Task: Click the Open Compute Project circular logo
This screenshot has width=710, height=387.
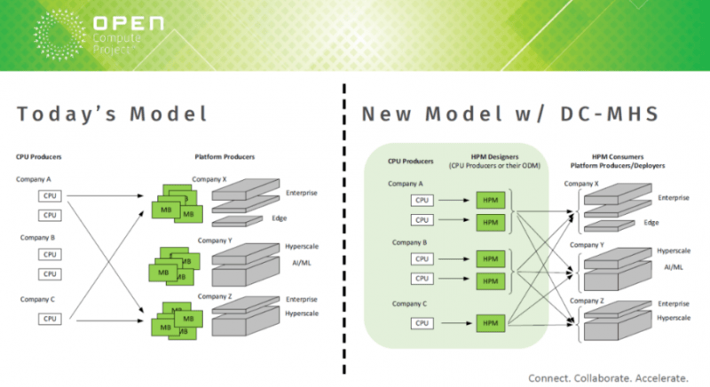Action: (59, 35)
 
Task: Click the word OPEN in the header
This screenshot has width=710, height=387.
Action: (129, 24)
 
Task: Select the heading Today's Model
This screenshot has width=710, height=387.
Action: (112, 115)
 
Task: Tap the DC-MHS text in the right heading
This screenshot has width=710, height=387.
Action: (609, 115)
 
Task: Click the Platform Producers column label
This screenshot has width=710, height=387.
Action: (225, 157)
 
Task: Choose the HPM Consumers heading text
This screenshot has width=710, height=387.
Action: (618, 156)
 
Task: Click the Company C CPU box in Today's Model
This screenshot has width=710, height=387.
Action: (50, 319)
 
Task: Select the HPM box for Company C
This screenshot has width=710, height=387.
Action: (491, 323)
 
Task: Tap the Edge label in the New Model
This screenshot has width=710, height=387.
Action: (651, 223)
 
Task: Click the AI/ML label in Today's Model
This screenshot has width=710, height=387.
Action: (302, 263)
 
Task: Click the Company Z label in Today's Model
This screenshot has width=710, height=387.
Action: (215, 296)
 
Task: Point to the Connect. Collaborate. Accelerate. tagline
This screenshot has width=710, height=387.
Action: (608, 378)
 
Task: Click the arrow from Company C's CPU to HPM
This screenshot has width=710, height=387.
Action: (457, 323)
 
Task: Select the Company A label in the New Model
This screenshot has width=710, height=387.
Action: (406, 184)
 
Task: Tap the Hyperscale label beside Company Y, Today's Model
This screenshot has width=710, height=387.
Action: (302, 247)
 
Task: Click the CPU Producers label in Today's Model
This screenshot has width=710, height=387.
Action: (38, 157)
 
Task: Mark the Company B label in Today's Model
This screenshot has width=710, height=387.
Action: (37, 238)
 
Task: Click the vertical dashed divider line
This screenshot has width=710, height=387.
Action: (344, 229)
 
